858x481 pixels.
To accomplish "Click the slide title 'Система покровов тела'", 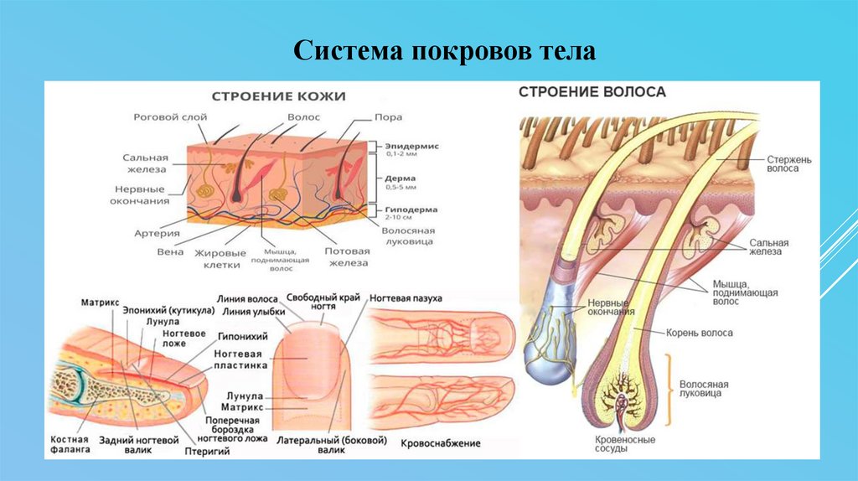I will pos(444,52).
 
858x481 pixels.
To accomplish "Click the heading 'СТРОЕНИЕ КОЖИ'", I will pos(278,96).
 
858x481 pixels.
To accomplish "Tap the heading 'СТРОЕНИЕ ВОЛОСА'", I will pos(592,91).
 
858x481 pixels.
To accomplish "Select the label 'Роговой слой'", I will pos(165,117).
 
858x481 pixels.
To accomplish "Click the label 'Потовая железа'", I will pos(347,256).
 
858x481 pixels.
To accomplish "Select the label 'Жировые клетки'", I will pos(221,258).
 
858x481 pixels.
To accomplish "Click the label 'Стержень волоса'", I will pos(788,163).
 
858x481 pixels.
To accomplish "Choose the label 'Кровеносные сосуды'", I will pos(625,444).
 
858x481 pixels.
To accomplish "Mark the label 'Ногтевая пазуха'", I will pos(411,297).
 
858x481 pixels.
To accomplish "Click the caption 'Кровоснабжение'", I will pos(441,442).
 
